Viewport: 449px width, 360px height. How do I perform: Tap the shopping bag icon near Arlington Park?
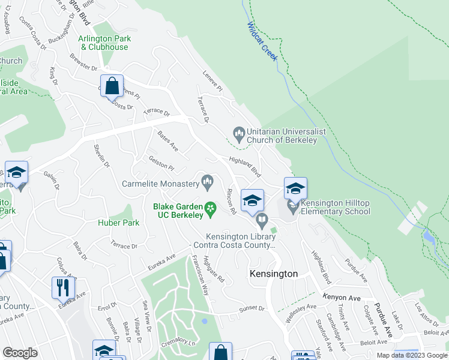click(x=112, y=86)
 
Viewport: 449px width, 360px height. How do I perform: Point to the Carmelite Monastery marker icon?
click(x=208, y=181)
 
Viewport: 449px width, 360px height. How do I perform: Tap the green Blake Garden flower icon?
click(x=210, y=208)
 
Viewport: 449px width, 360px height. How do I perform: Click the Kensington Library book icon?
click(x=262, y=222)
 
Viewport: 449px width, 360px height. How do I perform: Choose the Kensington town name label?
click(x=274, y=274)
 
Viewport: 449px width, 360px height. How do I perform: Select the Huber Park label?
click(x=119, y=223)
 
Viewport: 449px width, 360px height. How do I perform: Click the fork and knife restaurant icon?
click(x=63, y=287)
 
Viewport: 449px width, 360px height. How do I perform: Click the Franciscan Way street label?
click(x=197, y=275)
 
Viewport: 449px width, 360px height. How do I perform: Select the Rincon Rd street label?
click(x=231, y=202)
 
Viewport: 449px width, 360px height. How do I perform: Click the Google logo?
click(x=20, y=352)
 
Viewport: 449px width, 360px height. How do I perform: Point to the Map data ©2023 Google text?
click(x=412, y=355)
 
